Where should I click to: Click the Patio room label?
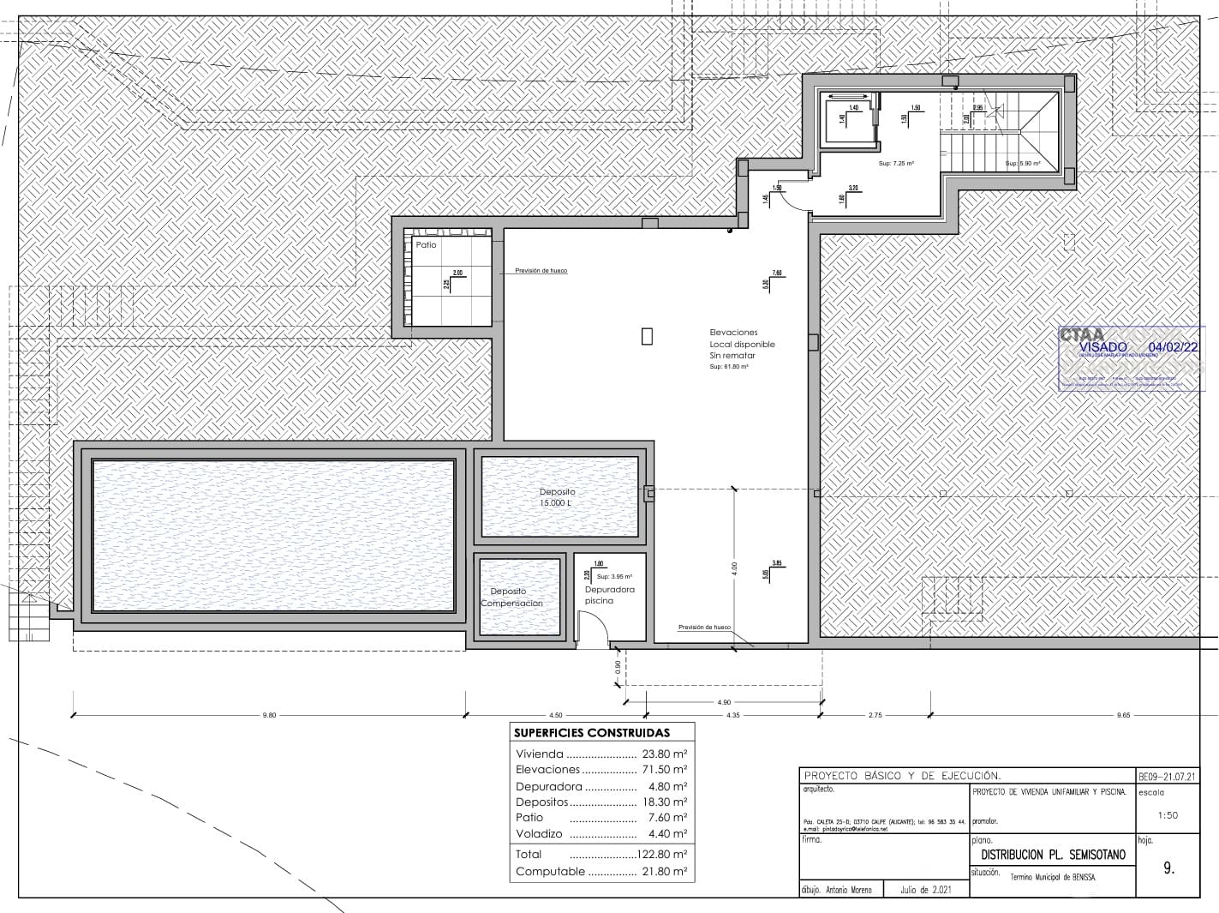pos(426,245)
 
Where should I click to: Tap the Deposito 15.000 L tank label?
pos(557,497)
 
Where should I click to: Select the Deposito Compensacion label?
pos(511,598)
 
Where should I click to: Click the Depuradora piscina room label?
pos(610,595)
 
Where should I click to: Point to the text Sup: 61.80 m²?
pos(729,367)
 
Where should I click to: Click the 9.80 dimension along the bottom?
pos(269,715)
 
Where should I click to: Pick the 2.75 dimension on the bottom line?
pos(875,715)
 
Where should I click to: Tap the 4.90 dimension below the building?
pos(724,703)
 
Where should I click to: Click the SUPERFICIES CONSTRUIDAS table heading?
pos(591,733)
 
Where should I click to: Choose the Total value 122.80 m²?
pos(660,854)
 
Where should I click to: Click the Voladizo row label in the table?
pos(539,833)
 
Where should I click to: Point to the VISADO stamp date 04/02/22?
pos(1173,347)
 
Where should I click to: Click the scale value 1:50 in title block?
pos(1167,815)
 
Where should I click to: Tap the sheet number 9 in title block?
pos(1168,868)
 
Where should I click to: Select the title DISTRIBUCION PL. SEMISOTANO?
pos(1053,855)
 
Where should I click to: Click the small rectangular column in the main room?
pos(647,336)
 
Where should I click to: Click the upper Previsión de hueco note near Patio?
pos(541,271)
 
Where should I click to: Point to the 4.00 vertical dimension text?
pos(734,570)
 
